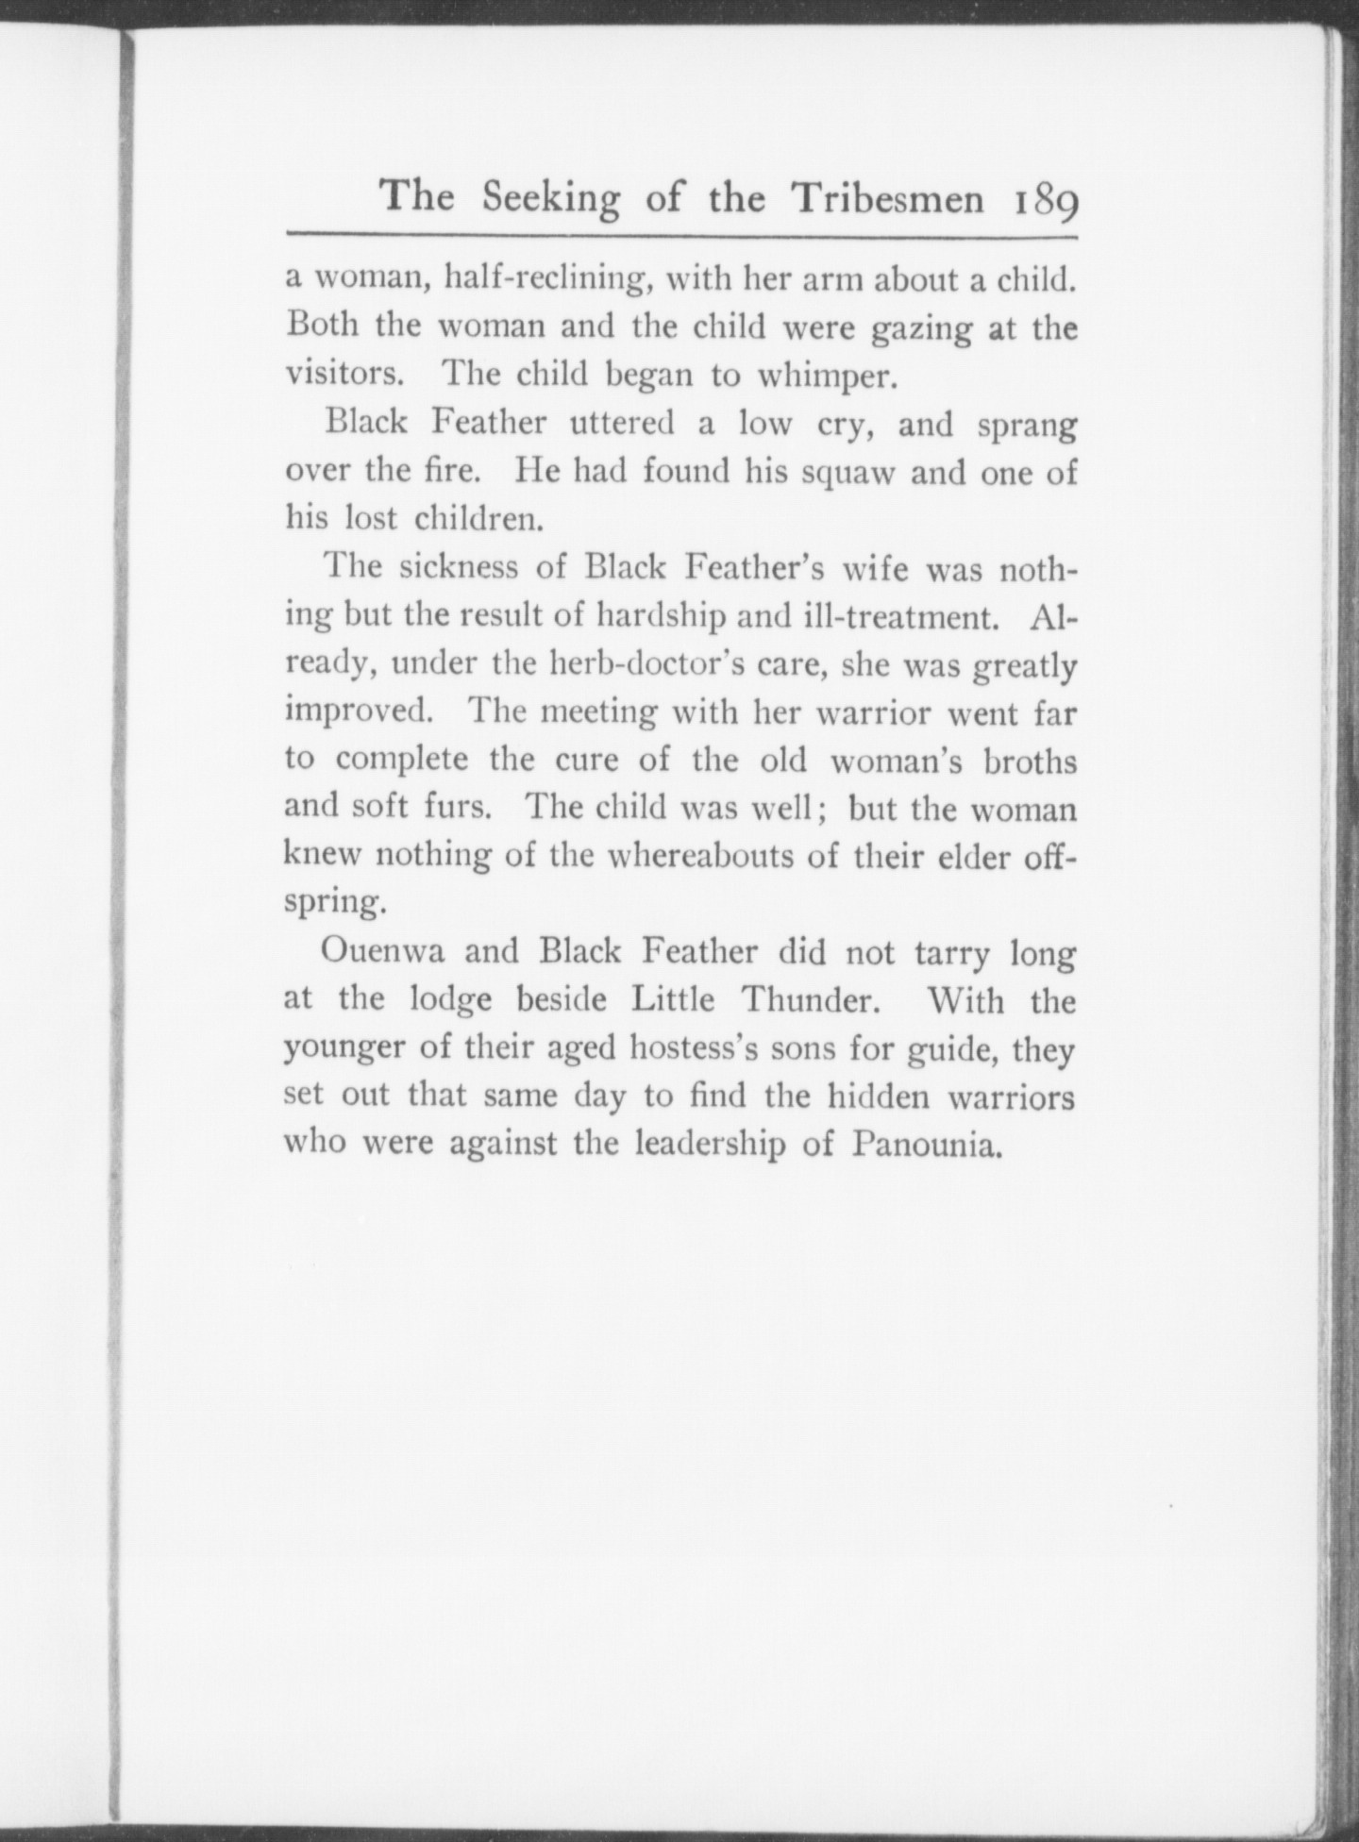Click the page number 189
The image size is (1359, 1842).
[x=1047, y=201]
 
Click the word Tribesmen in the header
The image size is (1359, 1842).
[x=888, y=197]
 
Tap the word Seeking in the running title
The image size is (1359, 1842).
[x=551, y=199]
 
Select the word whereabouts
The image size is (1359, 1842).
[x=720, y=857]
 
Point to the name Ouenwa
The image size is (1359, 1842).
[x=382, y=951]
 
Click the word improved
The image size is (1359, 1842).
[x=359, y=712]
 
